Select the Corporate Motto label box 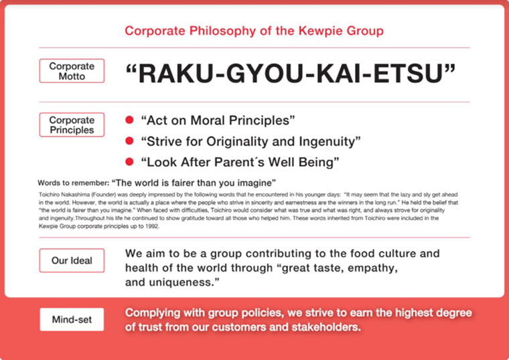coord(72,71)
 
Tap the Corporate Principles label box coord(72,125)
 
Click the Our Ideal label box coord(72,261)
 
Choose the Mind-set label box coord(72,319)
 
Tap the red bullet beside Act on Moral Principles coord(129,120)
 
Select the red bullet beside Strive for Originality coord(129,141)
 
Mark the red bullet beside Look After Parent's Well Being coord(129,162)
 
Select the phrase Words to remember coord(73,183)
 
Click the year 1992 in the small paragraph coord(153,227)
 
